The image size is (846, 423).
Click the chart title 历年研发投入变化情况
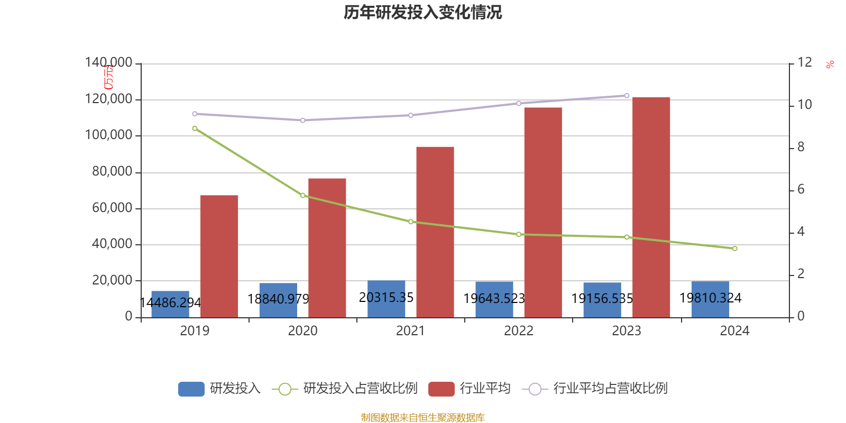[x=422, y=12]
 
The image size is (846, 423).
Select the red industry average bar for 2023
[x=651, y=207]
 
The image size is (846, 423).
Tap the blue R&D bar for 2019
[x=170, y=304]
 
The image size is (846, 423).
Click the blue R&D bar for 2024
[x=710, y=299]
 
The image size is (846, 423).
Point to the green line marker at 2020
[x=303, y=196]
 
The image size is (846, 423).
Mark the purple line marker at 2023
[x=627, y=96]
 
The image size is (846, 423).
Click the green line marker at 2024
[x=734, y=249]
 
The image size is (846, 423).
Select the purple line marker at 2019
[x=195, y=114]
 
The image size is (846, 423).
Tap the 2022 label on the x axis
[x=518, y=331]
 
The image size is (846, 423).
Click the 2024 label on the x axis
[x=734, y=331]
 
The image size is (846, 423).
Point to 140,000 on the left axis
[x=109, y=63]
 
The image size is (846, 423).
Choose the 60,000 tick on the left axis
[x=112, y=208]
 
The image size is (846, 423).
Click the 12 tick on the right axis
[x=805, y=62]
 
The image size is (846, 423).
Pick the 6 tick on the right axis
[x=801, y=189]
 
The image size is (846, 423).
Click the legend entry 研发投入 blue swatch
[x=191, y=389]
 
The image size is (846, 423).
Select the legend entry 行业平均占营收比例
[x=610, y=389]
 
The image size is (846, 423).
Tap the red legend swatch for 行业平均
[x=442, y=389]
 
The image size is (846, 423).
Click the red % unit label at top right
[x=830, y=65]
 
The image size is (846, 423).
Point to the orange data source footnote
[x=422, y=418]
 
